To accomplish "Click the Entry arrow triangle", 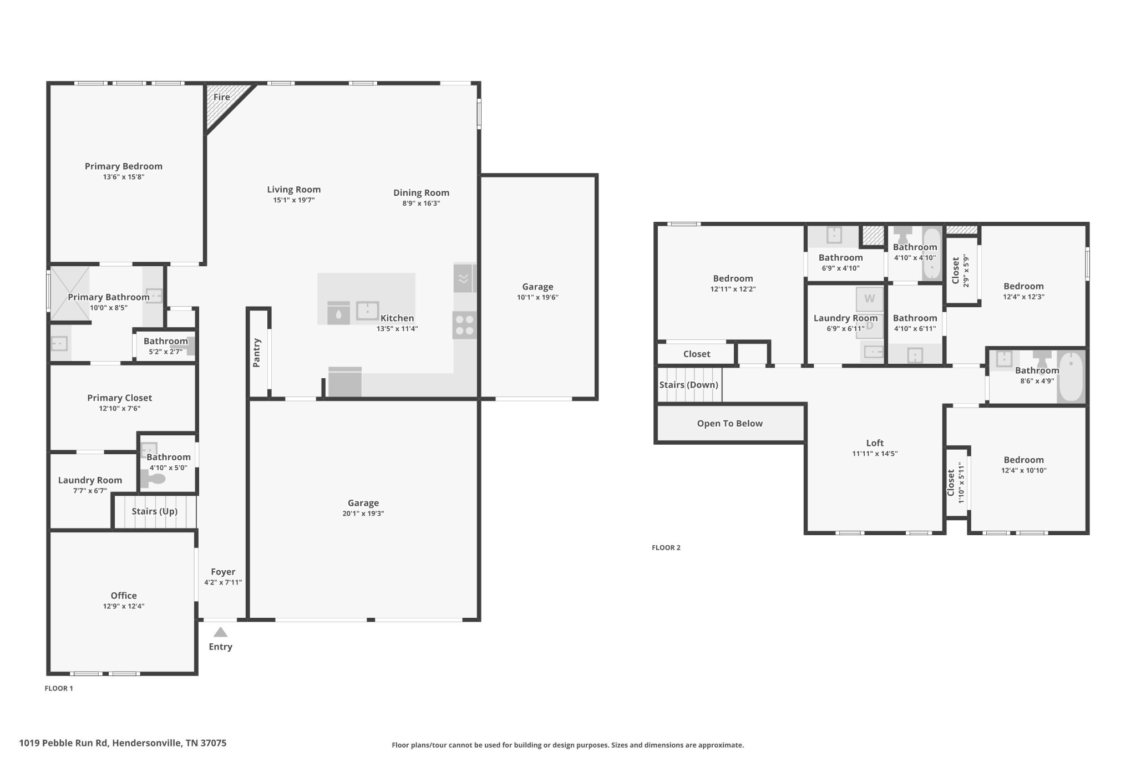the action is (x=221, y=632).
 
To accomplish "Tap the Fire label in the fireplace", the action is (x=222, y=97).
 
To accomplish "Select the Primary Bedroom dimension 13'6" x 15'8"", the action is (x=124, y=177).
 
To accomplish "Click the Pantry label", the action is (x=256, y=353).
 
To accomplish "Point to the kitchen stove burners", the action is (x=464, y=325).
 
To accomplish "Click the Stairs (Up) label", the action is (x=155, y=511).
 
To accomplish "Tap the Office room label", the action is (x=124, y=596).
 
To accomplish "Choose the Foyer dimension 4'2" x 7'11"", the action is (x=223, y=582).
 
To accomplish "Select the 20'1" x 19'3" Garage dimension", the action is (x=363, y=514).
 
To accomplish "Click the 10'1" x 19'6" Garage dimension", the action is (x=537, y=297).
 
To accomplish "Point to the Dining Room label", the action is (x=422, y=193).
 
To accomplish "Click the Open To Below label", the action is (x=730, y=424).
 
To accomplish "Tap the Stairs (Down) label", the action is (x=689, y=385).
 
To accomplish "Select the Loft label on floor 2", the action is (x=875, y=443).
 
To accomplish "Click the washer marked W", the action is (x=869, y=299).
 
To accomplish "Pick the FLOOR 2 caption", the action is (x=666, y=547).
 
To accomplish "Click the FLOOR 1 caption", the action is (x=59, y=688).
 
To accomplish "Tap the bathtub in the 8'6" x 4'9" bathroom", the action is (x=1071, y=377).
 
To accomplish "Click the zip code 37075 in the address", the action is (x=214, y=743).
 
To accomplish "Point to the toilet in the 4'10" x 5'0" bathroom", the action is (x=153, y=479).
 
